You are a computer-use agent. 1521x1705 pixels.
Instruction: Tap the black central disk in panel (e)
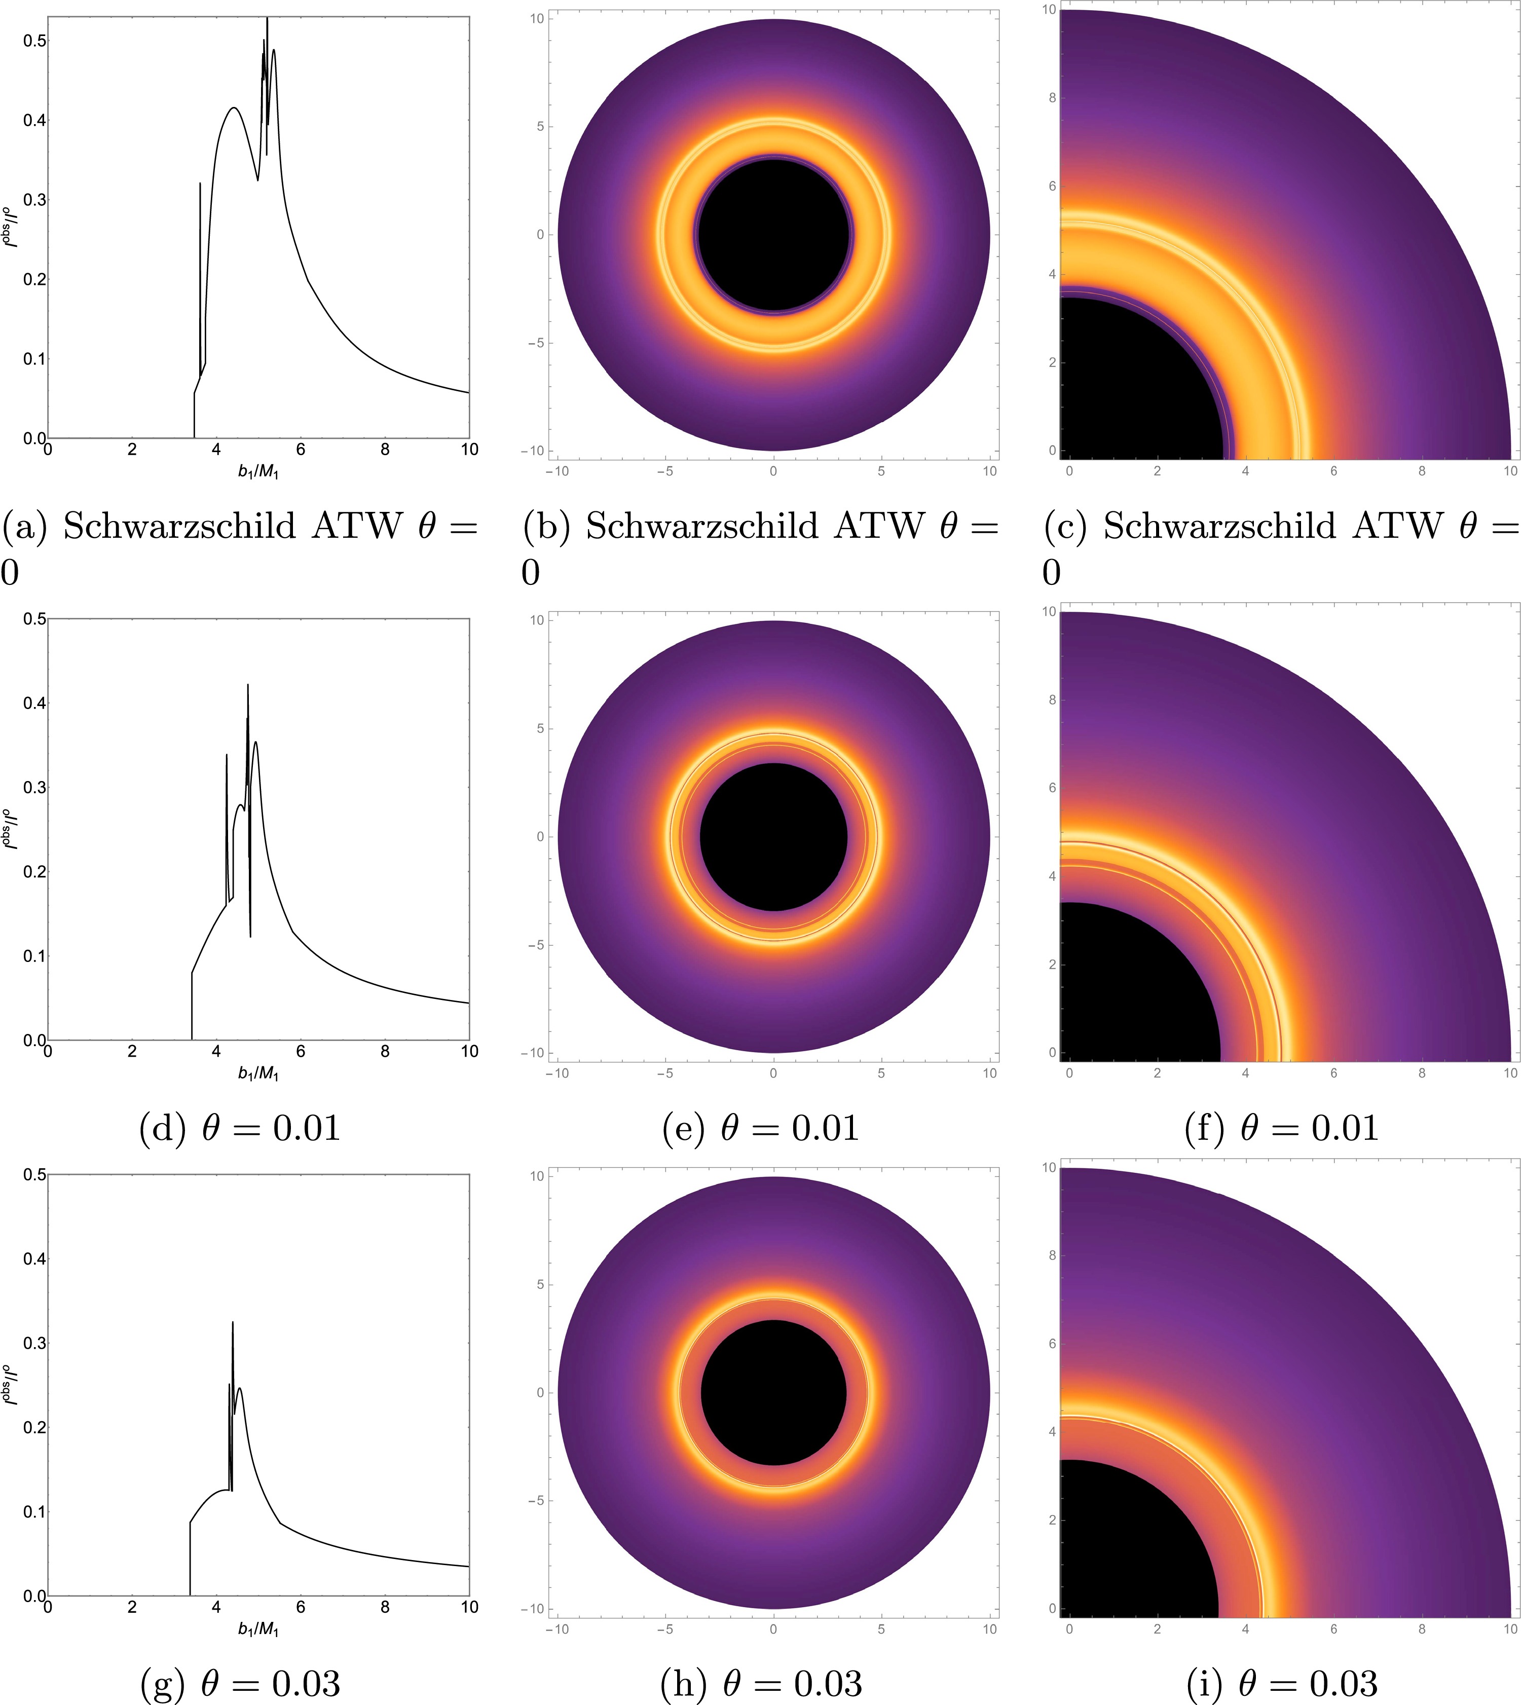click(x=774, y=837)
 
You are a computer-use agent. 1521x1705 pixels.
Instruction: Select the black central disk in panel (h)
click(x=774, y=1392)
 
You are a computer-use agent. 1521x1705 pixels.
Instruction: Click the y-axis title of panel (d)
click(x=10, y=829)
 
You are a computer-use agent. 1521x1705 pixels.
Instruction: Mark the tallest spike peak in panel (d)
click(x=247, y=685)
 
